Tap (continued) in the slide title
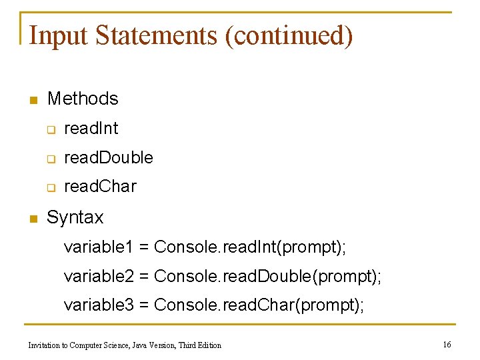pos(289,35)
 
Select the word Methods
pos(83,99)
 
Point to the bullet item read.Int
pos(91,128)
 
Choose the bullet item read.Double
pos(108,158)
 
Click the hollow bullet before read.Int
pos(50,129)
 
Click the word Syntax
pos(75,217)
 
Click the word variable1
pos(99,247)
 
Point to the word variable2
pos(99,276)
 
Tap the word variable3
pos(99,305)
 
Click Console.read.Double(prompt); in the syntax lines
pos(268,276)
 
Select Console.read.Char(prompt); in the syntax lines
pos(259,305)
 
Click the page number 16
pos(447,344)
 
